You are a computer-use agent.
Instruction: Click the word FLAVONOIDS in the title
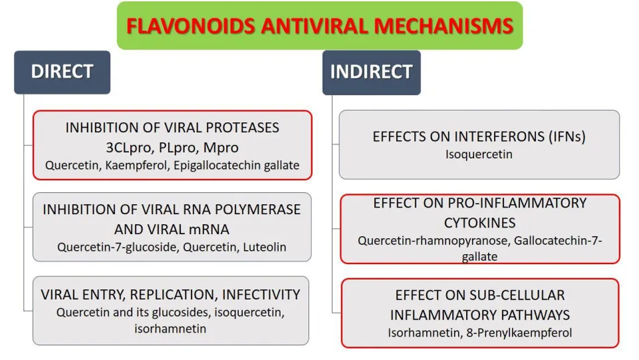191,26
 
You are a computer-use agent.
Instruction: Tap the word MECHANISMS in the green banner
444,26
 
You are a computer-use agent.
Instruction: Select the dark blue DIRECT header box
62,72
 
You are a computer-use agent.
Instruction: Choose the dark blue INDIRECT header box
371,73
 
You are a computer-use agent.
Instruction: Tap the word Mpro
221,148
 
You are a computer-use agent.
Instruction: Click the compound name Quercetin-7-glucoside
118,247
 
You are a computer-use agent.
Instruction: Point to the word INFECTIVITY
261,295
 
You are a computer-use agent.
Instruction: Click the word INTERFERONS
492,136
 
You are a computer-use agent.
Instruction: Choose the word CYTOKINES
479,223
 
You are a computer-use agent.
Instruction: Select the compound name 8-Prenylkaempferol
519,333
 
